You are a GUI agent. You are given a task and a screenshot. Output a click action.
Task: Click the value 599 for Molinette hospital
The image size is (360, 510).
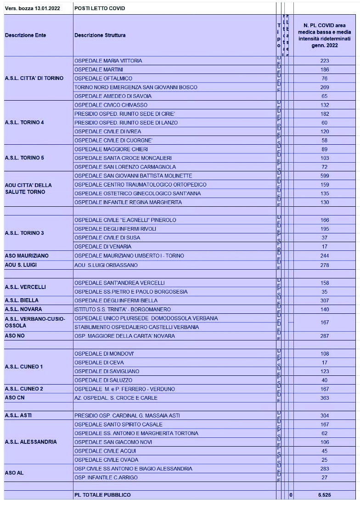tap(324, 176)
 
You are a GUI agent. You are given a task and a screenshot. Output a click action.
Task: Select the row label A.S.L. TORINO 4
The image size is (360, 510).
tap(24, 123)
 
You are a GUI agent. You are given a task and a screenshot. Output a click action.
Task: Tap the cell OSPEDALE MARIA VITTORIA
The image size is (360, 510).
tap(108, 61)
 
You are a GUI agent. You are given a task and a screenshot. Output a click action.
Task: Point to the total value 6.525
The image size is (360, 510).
tap(324, 495)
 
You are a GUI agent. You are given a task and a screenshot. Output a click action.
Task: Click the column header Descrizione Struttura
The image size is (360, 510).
tap(100, 35)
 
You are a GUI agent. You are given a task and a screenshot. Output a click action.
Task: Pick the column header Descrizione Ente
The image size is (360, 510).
tap(25, 35)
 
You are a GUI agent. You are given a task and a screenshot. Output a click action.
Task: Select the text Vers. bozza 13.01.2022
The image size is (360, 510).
tap(33, 8)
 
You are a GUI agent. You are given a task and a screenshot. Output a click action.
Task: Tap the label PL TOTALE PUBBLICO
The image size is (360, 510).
tap(102, 495)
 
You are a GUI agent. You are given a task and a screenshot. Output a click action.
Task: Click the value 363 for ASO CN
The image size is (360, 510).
tap(324, 398)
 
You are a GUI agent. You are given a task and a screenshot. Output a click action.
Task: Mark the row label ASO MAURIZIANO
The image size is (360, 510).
tap(27, 255)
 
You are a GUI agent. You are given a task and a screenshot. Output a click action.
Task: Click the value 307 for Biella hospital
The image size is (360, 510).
tap(324, 300)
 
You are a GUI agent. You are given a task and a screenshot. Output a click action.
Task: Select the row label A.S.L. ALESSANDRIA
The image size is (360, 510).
tap(31, 442)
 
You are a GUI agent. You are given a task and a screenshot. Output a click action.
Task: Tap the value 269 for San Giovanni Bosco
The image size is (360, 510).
tap(324, 87)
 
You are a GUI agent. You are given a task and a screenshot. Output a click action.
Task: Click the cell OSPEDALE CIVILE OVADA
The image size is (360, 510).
tap(106, 460)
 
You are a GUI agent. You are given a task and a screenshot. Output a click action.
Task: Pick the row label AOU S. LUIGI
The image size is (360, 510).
tap(21, 265)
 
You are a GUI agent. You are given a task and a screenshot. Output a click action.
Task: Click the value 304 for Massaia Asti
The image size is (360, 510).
tap(324, 415)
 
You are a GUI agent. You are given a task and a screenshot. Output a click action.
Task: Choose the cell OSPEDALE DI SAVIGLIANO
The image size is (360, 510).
tap(107, 371)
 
